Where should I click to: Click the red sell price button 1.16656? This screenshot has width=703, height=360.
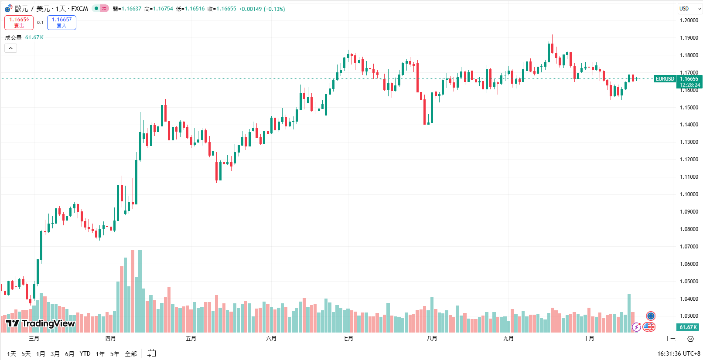pos(19,23)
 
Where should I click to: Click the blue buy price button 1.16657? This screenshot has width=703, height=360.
pos(61,23)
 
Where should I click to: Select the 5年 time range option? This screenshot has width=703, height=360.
pos(115,354)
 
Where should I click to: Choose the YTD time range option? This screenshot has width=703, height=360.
pos(85,354)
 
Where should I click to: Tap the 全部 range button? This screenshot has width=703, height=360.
pos(131,354)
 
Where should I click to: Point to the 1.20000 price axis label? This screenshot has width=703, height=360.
pos(689,20)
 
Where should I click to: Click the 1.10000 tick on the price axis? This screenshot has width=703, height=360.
pos(689,194)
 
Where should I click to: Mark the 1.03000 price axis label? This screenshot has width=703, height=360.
pos(689,316)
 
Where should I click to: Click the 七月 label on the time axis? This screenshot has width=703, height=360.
pos(348,339)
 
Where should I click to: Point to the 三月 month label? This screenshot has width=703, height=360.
pos(34,339)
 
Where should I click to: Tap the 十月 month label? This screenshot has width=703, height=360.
pos(589,339)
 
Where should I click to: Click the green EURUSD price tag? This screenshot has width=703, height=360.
pos(665,79)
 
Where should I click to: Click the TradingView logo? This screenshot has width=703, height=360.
pos(41,323)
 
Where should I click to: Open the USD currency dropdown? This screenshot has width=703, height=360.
pos(689,9)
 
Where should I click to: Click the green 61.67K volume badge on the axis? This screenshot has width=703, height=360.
pos(688,327)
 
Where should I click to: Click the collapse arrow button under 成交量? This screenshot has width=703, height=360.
pos(10,48)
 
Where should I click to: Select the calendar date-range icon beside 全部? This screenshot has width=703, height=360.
pos(151,353)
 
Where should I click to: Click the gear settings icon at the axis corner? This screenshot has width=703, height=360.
pos(690,339)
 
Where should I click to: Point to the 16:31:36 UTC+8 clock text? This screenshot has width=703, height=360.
pos(679,354)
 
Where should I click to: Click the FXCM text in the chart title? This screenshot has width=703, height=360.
pos(80,9)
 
